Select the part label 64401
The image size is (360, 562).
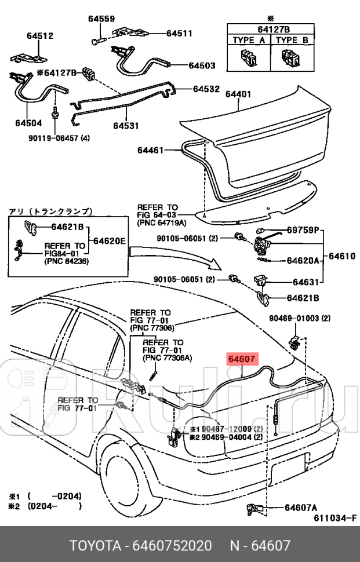click(238, 93)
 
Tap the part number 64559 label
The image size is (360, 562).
click(101, 19)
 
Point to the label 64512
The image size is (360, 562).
click(40, 36)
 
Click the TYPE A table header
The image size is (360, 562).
click(249, 41)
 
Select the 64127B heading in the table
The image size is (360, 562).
click(270, 28)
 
